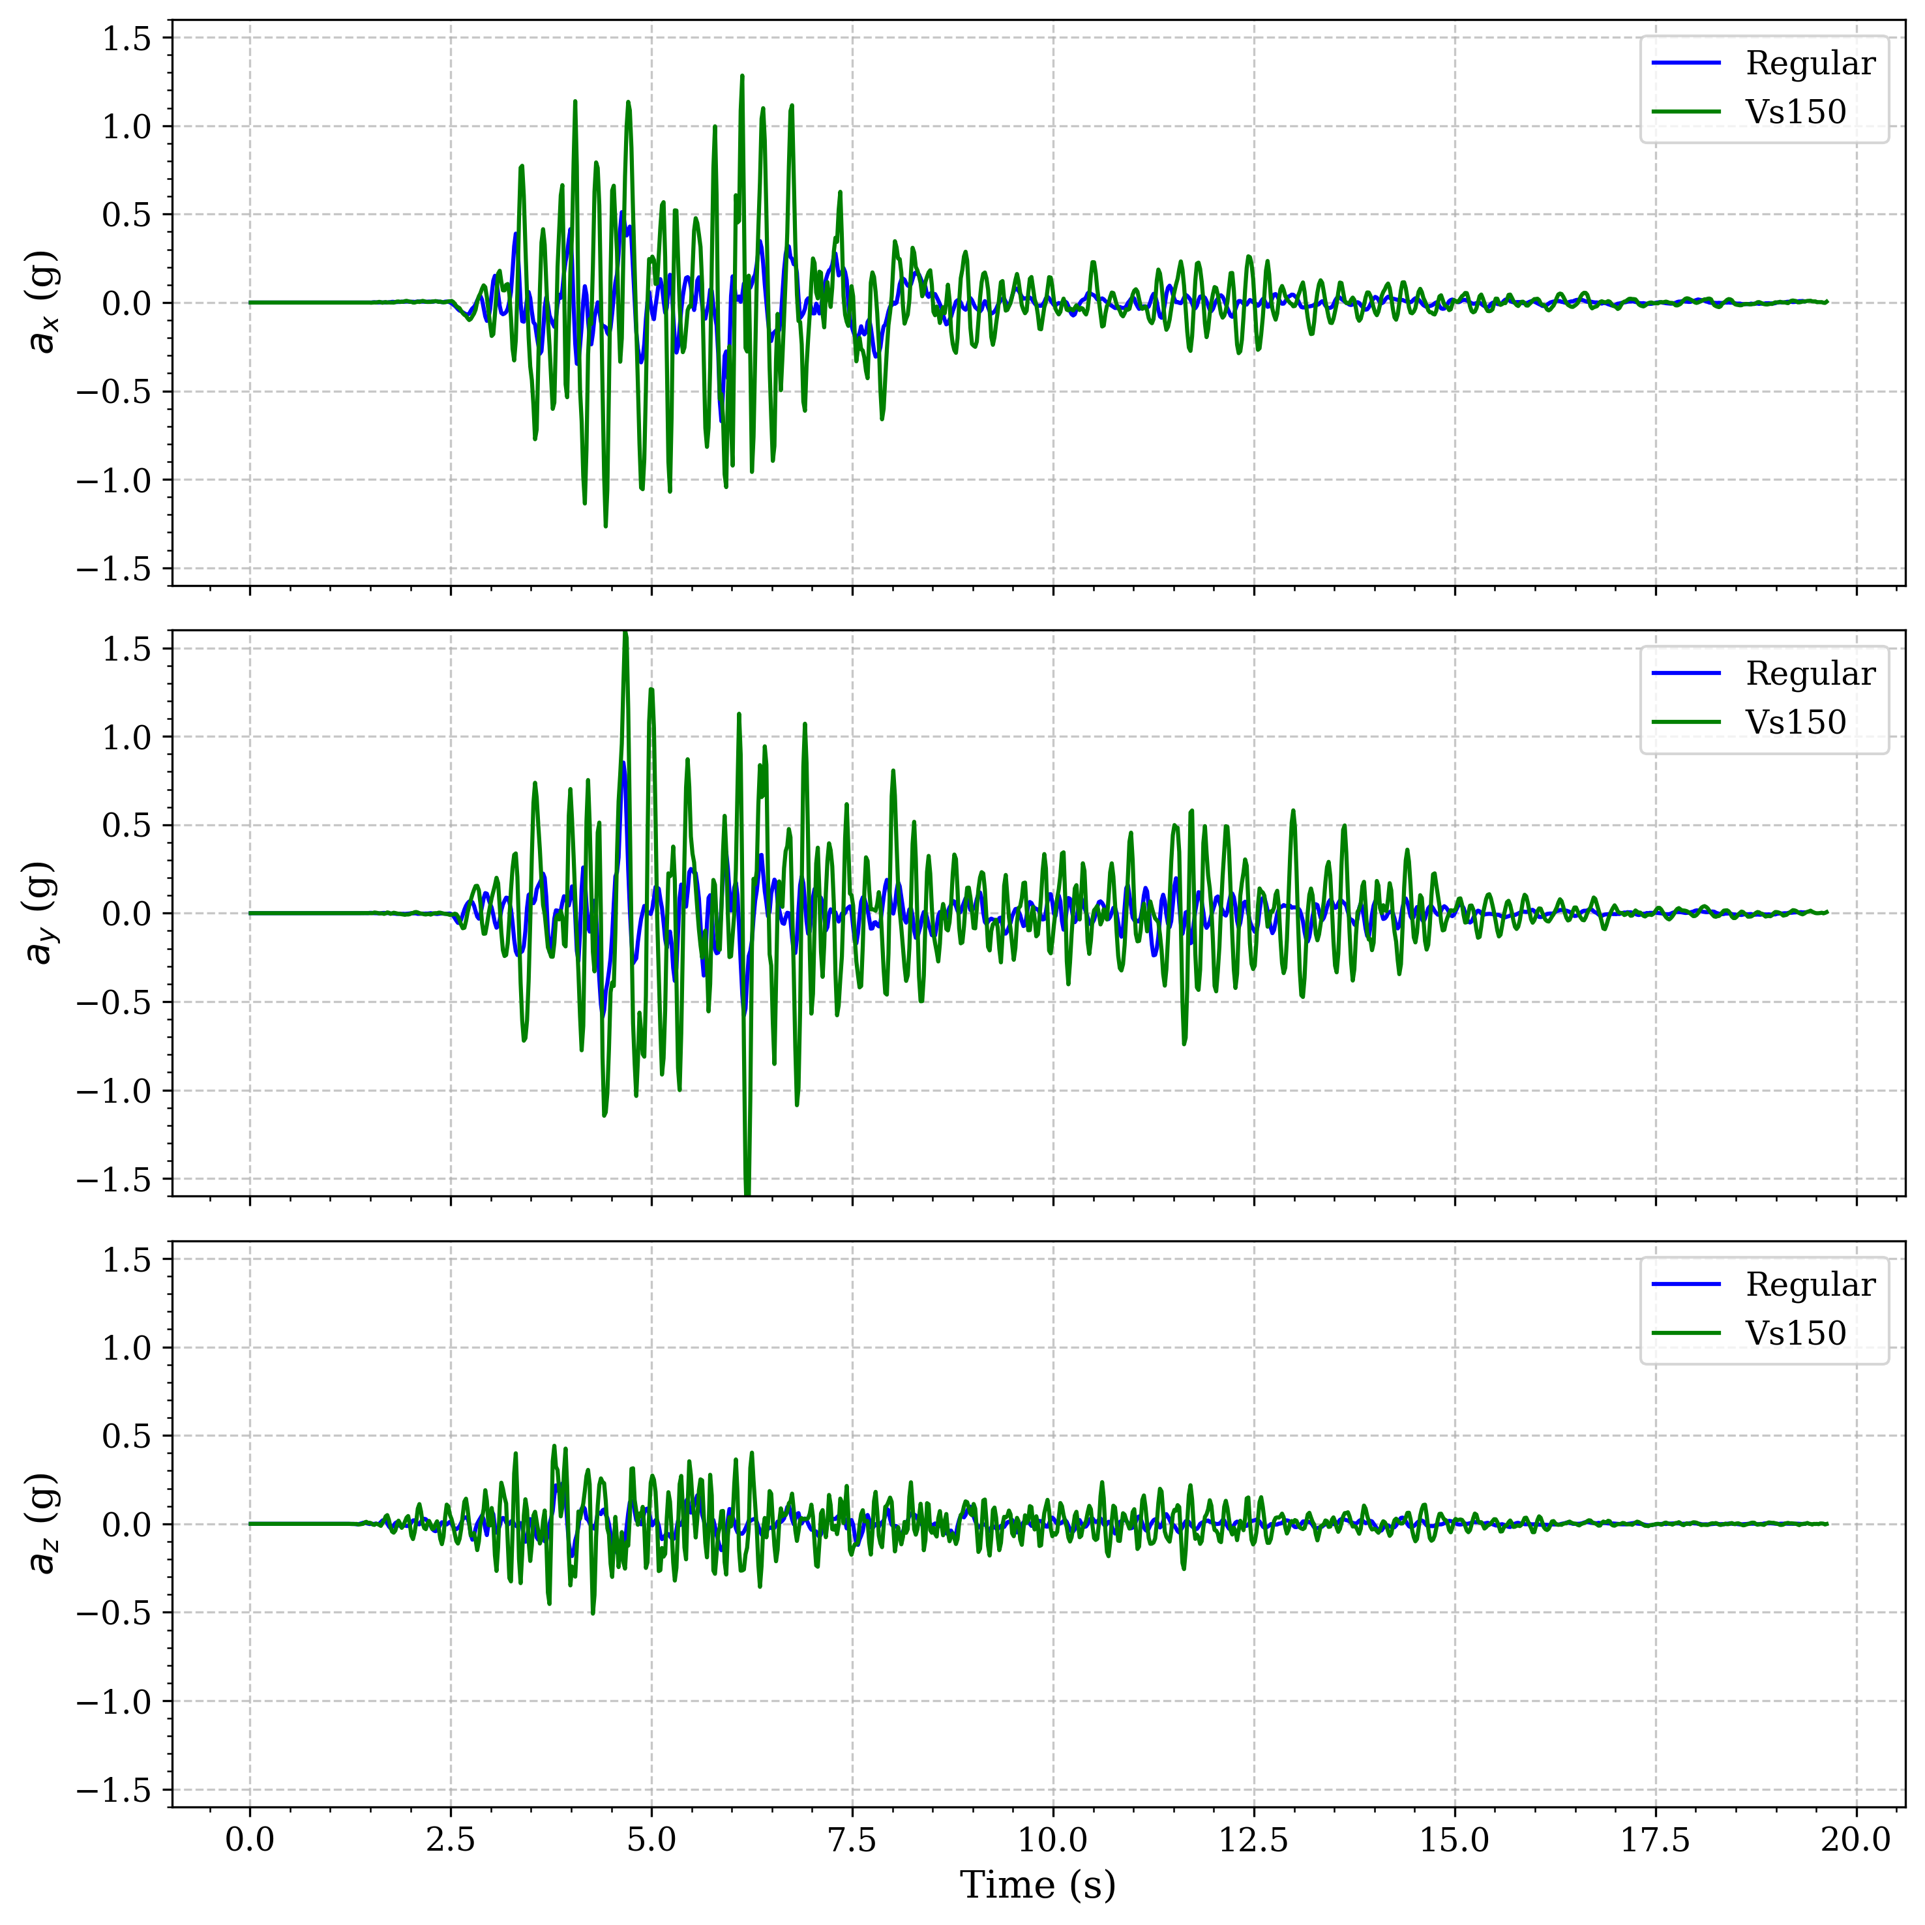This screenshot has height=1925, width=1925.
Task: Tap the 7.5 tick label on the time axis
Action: coord(852,1840)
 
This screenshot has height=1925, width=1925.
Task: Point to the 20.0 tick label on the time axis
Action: coord(1855,1840)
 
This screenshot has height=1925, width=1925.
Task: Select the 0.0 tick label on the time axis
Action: coord(249,1840)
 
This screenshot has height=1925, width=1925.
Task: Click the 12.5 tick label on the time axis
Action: coord(1253,1840)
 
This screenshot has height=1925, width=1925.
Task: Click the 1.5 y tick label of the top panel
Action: coord(127,38)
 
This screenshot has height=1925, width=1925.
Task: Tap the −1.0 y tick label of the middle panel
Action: coord(113,1091)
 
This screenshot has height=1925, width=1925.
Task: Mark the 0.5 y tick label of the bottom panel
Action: coord(127,1436)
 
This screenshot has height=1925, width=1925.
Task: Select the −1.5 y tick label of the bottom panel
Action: coord(113,1791)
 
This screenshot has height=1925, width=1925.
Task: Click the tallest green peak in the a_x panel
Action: coord(741,76)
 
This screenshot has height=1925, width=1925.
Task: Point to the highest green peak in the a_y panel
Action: coord(625,634)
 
